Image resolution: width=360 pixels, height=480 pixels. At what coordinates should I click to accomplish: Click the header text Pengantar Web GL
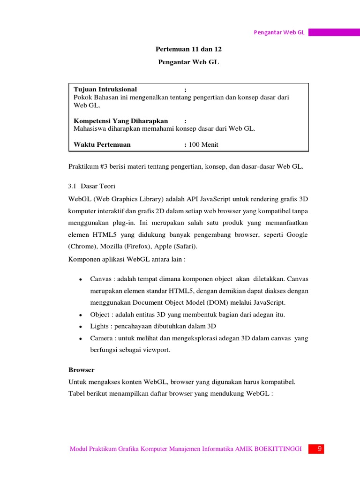pyautogui.click(x=279, y=32)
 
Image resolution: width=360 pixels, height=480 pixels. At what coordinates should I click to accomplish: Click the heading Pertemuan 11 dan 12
pyautogui.click(x=187, y=49)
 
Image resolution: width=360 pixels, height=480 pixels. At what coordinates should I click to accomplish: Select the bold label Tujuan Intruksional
pyautogui.click(x=105, y=89)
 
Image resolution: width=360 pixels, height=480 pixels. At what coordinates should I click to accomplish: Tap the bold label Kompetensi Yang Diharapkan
pyautogui.click(x=121, y=121)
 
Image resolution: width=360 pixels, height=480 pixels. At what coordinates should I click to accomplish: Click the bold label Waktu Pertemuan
pyautogui.click(x=102, y=144)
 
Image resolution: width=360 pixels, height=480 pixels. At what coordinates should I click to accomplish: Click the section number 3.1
pyautogui.click(x=73, y=186)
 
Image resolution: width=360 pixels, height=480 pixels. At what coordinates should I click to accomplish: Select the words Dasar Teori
pyautogui.click(x=95, y=186)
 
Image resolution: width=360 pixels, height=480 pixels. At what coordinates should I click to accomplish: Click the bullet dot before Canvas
pyautogui.click(x=81, y=279)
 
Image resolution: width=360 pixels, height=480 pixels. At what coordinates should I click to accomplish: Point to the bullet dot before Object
pyautogui.click(x=81, y=315)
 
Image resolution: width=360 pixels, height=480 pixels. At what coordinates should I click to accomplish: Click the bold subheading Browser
pyautogui.click(x=81, y=370)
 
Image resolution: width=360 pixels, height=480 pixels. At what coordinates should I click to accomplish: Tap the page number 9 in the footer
pyautogui.click(x=319, y=449)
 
